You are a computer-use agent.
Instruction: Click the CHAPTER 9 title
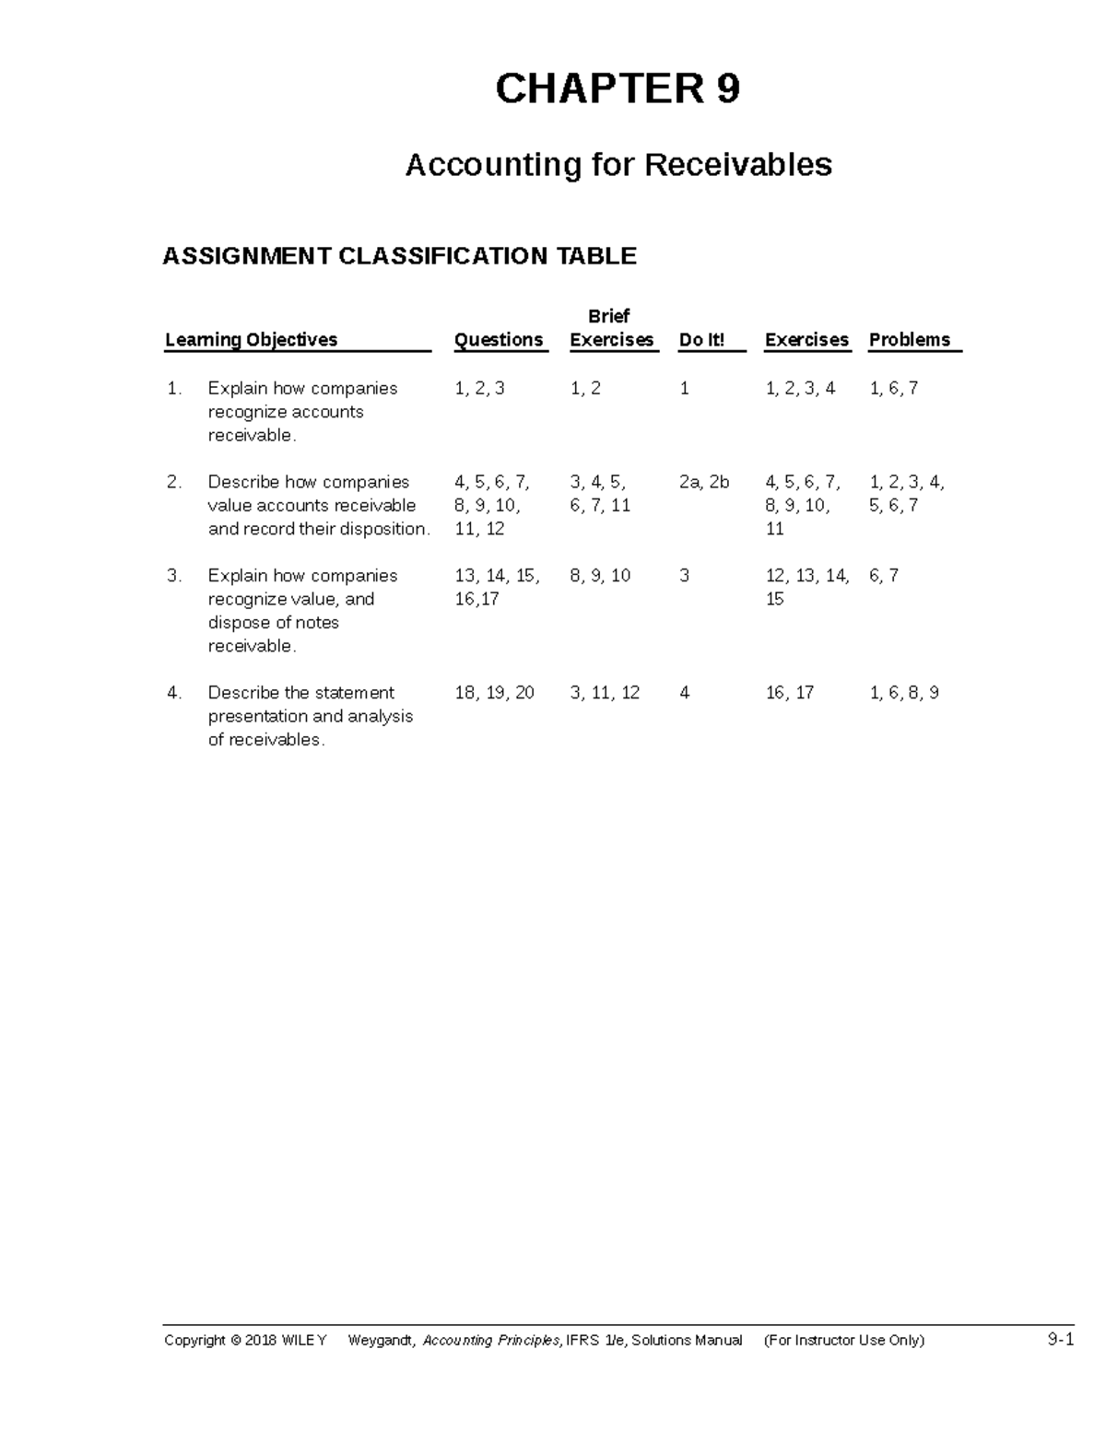618,89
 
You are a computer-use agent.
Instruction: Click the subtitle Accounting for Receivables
618,165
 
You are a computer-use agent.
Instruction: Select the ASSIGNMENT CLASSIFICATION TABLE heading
399,255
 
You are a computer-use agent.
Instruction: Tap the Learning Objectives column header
251,340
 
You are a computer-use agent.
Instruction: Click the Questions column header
499,340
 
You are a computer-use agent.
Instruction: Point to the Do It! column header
701,340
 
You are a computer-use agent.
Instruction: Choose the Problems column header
909,340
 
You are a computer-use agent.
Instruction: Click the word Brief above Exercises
608,316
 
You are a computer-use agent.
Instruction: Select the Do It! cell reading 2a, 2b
704,482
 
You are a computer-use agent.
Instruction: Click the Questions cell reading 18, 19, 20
494,693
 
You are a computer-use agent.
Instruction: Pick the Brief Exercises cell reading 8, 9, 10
600,576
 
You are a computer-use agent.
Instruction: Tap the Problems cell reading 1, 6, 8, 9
904,693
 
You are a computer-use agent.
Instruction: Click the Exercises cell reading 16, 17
790,693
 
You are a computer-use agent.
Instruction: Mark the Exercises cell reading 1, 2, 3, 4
800,389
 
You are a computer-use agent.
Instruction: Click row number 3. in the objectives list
174,576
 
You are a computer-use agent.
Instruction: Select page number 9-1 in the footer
1061,1340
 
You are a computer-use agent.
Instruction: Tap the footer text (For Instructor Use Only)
843,1341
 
